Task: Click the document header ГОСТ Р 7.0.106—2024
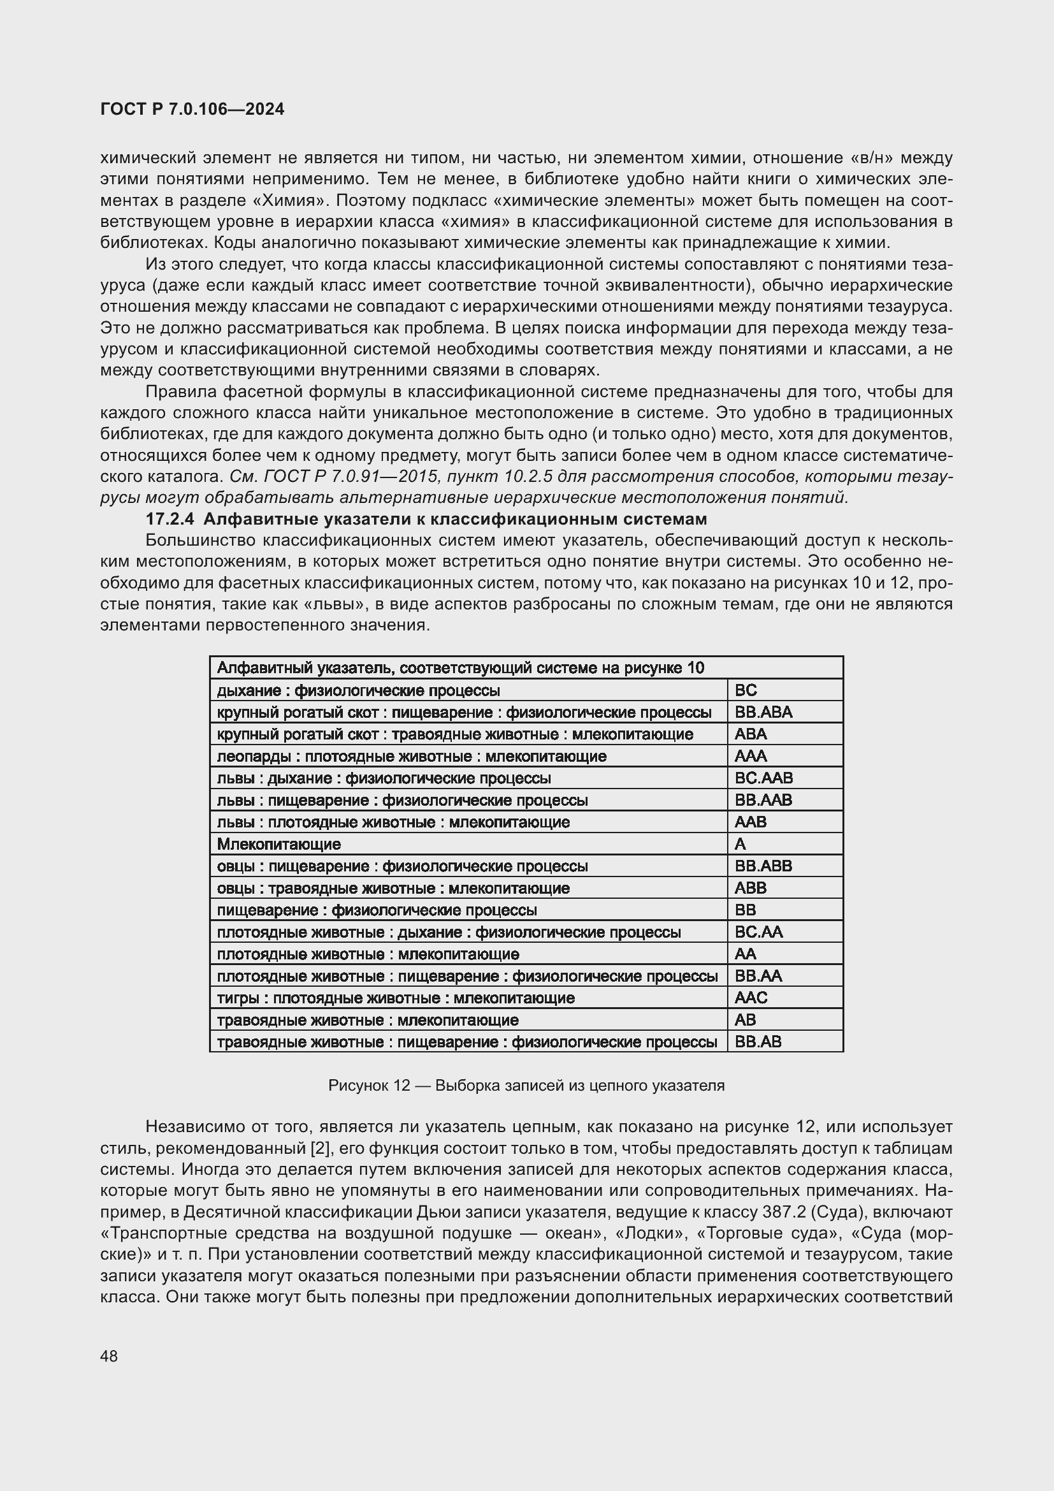[192, 109]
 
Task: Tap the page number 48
[109, 1356]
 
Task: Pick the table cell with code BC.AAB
[763, 777]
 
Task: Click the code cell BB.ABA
[763, 712]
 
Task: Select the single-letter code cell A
[740, 843]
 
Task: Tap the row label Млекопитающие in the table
[278, 843]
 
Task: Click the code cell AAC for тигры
[751, 998]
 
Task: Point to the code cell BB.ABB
[763, 866]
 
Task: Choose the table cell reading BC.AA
[759, 932]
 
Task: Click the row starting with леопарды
[412, 756]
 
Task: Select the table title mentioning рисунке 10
[460, 667]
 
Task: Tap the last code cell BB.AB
[758, 1042]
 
